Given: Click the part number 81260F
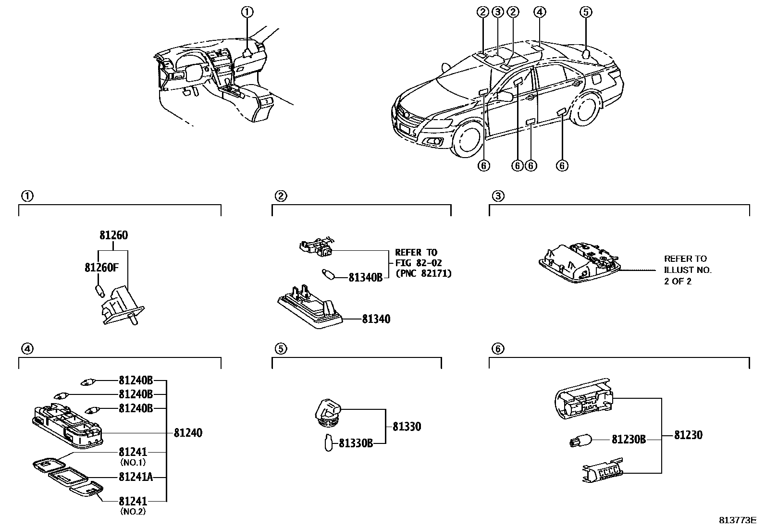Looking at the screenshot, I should pyautogui.click(x=101, y=267).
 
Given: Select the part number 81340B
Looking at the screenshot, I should pyautogui.click(x=365, y=277).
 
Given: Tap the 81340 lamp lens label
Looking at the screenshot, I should pyautogui.click(x=376, y=319).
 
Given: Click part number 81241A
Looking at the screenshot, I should pyautogui.click(x=136, y=478).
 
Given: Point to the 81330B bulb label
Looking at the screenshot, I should pyautogui.click(x=356, y=443).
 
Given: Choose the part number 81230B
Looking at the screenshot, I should pyautogui.click(x=629, y=439).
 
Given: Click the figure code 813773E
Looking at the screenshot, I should pyautogui.click(x=738, y=520).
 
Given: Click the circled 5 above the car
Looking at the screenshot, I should pyautogui.click(x=585, y=12).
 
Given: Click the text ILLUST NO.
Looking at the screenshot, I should pyautogui.click(x=688, y=270).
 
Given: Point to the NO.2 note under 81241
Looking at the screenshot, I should pyautogui.click(x=133, y=512).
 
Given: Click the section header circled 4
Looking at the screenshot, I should pyautogui.click(x=27, y=349).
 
